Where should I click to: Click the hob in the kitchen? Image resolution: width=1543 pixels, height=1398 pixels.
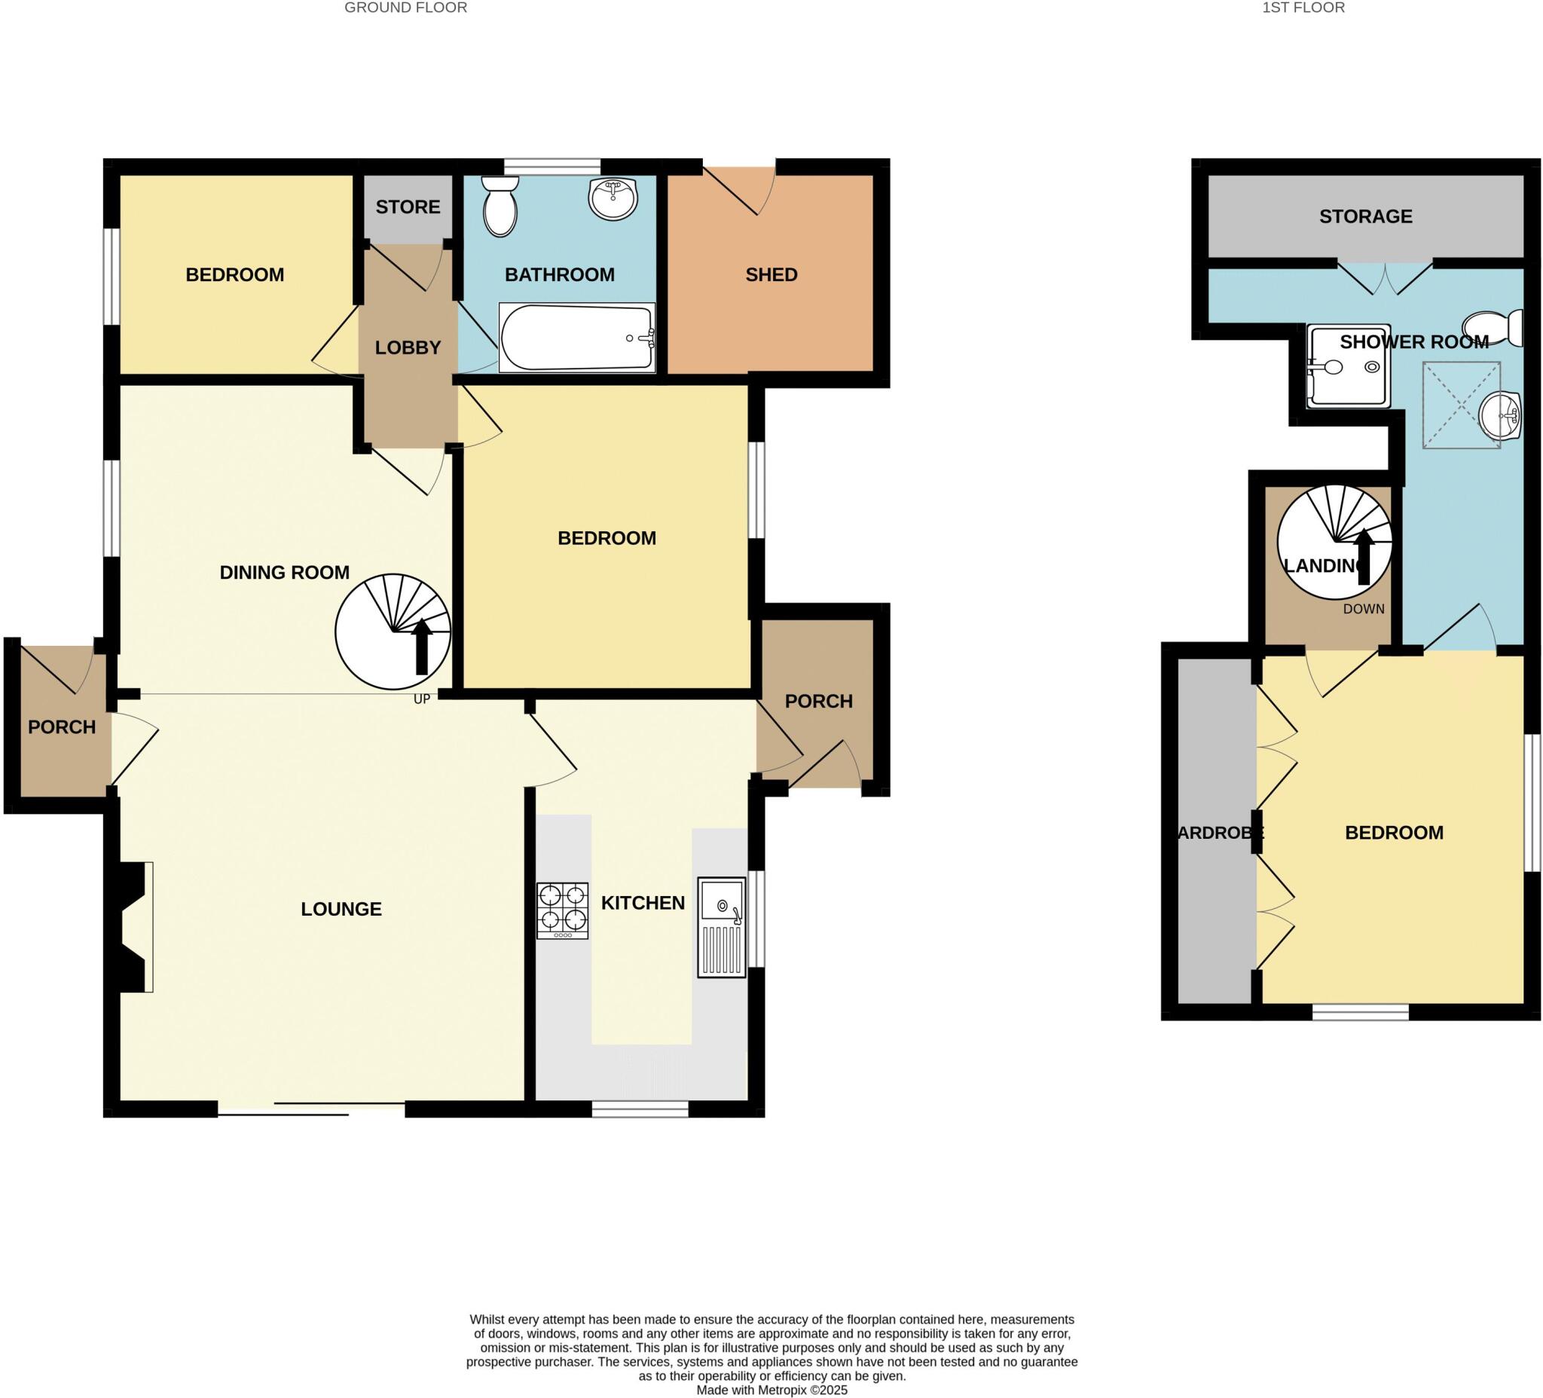pos(562,910)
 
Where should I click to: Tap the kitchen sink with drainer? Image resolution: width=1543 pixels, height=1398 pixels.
pos(721,927)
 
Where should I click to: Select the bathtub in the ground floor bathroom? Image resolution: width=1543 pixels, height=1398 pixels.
pos(577,338)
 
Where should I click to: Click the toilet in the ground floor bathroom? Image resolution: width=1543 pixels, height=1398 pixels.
pos(500,205)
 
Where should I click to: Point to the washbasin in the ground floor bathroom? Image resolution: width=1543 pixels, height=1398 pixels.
pos(613,198)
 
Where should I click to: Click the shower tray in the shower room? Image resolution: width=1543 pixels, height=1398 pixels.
pos(1347,366)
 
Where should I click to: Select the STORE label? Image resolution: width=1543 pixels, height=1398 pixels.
pos(408,206)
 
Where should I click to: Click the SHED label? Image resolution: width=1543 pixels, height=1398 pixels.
pos(771,274)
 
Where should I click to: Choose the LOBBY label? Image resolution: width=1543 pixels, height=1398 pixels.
pos(408,347)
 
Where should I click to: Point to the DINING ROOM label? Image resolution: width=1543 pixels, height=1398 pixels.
pos(284,572)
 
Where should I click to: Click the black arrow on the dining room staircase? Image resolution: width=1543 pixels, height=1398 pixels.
pos(421,647)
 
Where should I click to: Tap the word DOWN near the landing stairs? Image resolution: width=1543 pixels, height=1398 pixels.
pos(1363,609)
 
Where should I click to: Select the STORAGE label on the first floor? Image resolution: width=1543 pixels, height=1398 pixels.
pos(1365,216)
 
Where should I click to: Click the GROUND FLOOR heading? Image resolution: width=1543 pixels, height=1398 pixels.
pos(405,8)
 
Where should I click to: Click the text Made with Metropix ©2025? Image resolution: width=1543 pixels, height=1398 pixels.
pos(771,1390)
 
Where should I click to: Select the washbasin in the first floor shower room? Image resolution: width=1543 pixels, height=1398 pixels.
pos(1501,417)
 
